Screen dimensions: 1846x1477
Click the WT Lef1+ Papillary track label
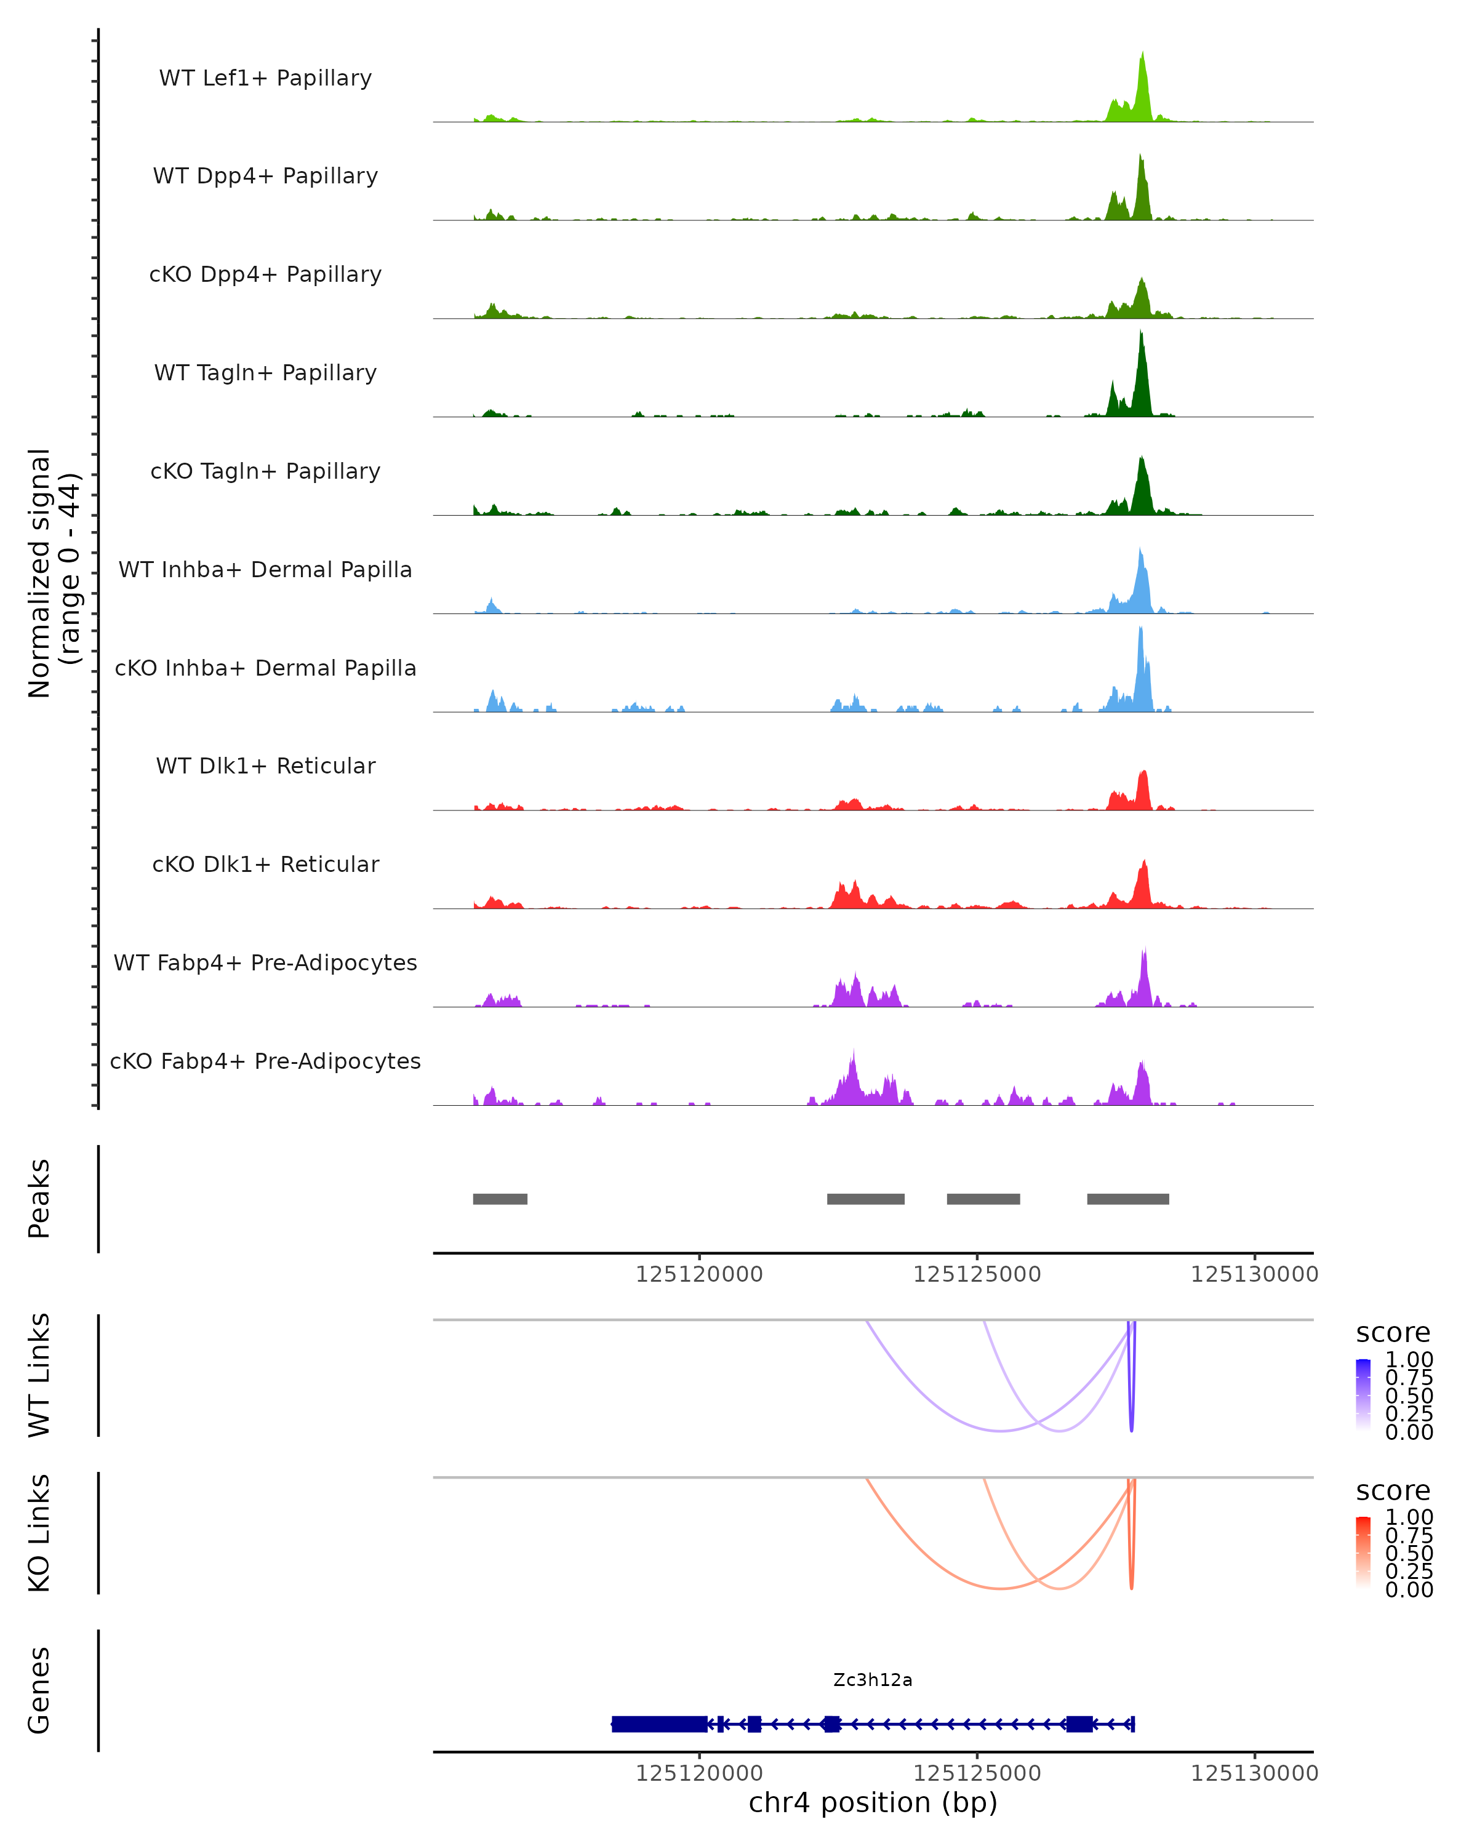point(265,78)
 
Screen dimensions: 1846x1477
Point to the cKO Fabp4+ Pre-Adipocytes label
point(265,1061)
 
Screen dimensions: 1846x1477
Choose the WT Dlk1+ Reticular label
point(265,765)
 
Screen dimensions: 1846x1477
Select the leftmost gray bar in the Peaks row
point(500,1199)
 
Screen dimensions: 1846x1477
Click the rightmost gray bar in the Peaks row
point(1127,1199)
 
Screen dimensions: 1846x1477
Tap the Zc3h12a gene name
point(873,1680)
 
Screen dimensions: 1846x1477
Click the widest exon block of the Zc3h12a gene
point(659,1724)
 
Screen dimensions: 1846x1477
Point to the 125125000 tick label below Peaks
point(977,1274)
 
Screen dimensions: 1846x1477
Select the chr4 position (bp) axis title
point(873,1802)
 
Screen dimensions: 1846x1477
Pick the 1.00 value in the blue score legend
point(1409,1360)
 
